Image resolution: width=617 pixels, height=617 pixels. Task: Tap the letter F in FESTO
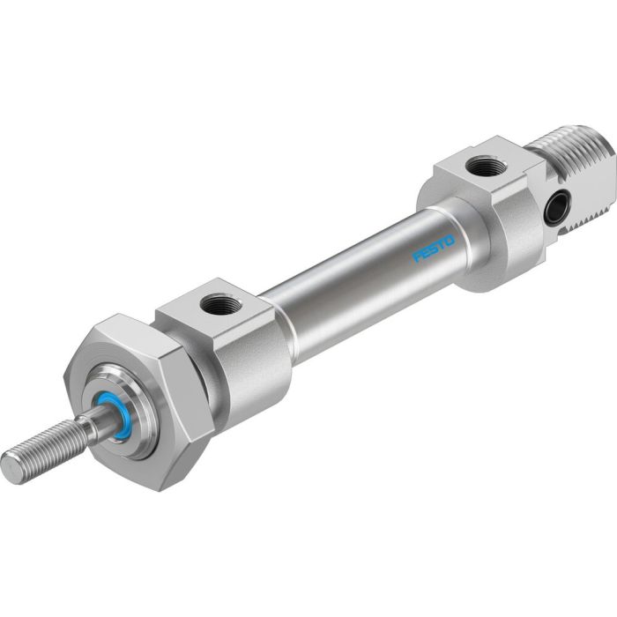(x=418, y=259)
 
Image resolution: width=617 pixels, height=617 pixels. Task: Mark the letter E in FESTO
(x=426, y=255)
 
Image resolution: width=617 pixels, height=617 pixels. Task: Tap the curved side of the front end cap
(x=256, y=353)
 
